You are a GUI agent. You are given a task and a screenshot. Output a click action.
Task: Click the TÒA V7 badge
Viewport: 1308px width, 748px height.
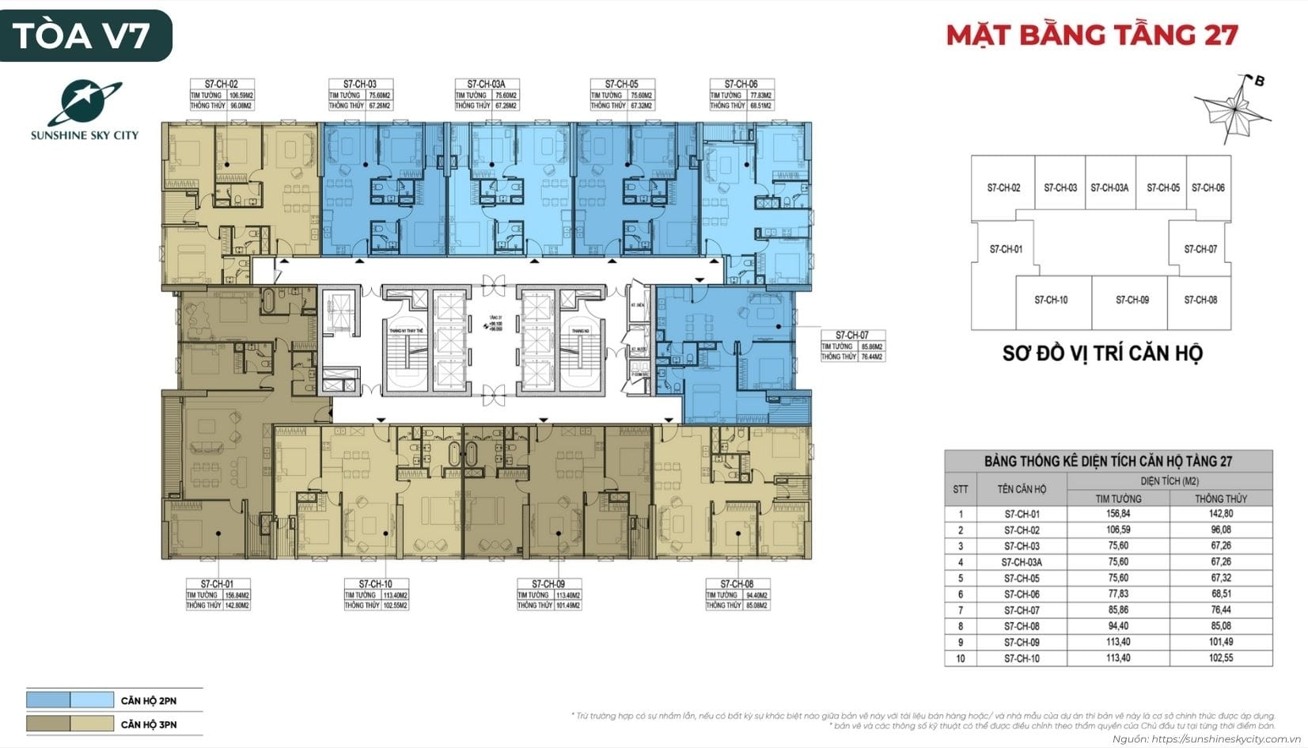85,36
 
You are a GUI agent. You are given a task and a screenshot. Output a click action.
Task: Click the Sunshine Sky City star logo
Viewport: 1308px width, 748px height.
84,103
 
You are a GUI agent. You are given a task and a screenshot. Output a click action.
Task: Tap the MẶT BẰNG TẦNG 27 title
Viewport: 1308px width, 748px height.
1092,35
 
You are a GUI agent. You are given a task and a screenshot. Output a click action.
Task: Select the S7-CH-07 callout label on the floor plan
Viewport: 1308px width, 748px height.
852,335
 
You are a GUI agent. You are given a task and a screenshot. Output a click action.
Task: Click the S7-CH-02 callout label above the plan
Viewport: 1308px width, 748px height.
221,84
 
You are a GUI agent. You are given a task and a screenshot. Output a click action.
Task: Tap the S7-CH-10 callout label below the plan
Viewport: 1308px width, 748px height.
375,584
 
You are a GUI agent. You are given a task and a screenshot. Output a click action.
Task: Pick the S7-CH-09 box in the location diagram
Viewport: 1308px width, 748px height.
1132,300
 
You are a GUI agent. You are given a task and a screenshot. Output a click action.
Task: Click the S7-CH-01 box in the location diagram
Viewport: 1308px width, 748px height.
1006,249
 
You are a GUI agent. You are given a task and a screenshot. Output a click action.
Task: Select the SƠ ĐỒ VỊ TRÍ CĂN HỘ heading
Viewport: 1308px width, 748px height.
1101,353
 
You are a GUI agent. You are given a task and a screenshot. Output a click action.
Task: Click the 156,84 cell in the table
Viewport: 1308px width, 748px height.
1118,514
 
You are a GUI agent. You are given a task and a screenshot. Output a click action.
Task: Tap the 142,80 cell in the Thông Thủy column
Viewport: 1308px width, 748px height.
1220,514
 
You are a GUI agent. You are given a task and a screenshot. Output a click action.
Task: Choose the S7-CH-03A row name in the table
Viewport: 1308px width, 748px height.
1022,562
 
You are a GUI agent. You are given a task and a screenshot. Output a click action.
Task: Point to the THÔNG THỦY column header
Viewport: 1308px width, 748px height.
1220,499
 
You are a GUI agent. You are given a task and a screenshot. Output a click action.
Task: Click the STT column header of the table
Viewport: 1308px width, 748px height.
960,489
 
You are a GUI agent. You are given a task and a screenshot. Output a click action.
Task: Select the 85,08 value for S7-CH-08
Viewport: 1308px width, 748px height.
1220,626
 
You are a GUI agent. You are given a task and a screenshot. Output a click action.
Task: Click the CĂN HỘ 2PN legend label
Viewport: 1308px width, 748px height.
149,701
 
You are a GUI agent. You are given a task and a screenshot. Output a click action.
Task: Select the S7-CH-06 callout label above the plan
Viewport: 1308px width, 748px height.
741,84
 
